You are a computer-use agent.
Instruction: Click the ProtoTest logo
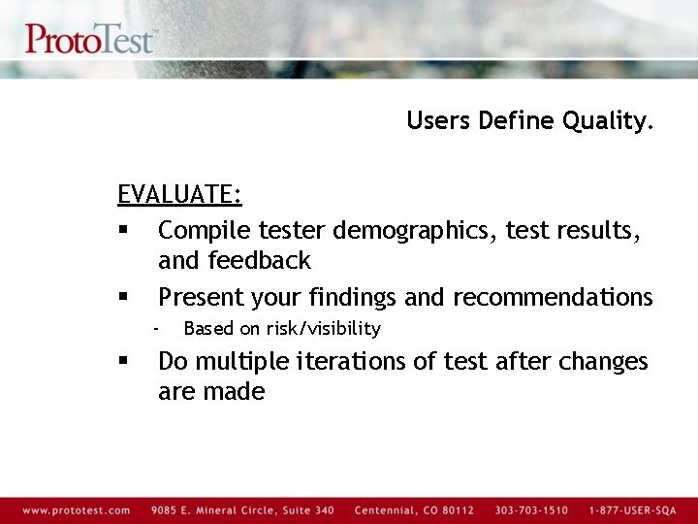click(89, 39)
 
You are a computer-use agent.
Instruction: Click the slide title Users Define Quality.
click(530, 120)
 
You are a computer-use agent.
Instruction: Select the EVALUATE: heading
click(179, 194)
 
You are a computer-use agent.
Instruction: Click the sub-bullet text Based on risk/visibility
click(281, 329)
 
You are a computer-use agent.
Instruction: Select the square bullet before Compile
click(123, 231)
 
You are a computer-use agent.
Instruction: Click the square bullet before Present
click(123, 297)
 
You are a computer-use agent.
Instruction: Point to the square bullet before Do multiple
click(123, 361)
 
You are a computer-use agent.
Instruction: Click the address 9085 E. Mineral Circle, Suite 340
click(242, 510)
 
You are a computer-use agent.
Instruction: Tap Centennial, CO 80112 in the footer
click(414, 510)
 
